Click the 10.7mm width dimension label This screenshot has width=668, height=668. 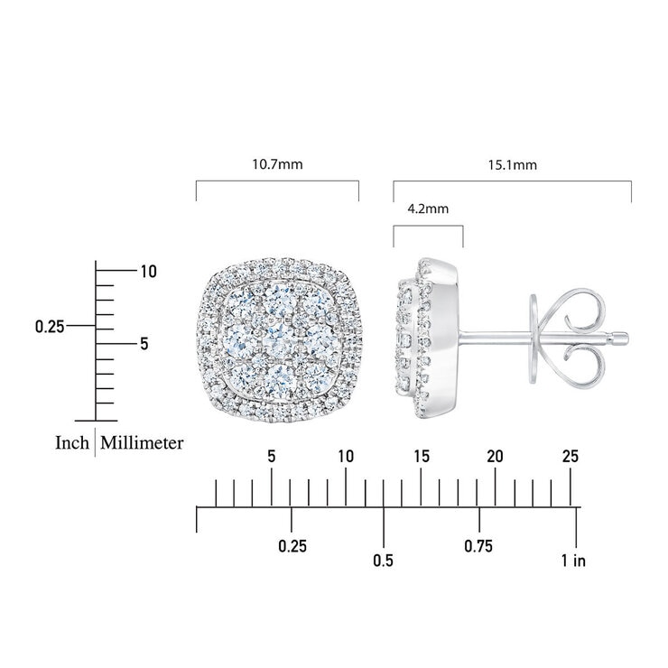click(x=277, y=164)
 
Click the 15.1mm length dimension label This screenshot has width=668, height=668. click(x=513, y=165)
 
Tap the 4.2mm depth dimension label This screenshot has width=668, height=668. click(x=428, y=209)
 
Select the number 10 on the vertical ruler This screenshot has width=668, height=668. click(x=149, y=272)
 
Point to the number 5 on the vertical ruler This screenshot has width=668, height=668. click(x=144, y=343)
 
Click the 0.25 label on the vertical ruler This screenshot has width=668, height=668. click(x=50, y=327)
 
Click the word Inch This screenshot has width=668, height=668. click(x=72, y=442)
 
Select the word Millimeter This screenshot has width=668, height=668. click(x=142, y=442)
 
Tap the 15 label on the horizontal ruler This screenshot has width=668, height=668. click(x=422, y=456)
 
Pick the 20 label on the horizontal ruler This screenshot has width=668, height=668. click(x=495, y=456)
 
